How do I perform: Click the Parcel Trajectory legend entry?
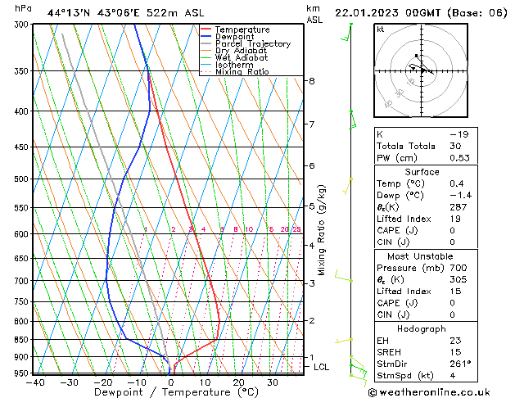(x=252, y=44)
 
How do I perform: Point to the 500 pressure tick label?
(x=22, y=179)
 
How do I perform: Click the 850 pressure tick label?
(x=22, y=340)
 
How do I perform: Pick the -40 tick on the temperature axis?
(x=34, y=382)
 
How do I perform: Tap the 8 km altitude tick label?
(x=312, y=81)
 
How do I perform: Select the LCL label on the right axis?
(x=322, y=367)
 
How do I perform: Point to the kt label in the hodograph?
(x=381, y=29)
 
